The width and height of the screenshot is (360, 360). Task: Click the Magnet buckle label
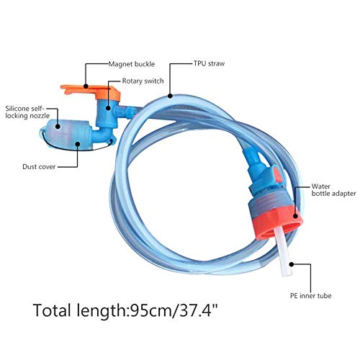pyautogui.click(x=132, y=64)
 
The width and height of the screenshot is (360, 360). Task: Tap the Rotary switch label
pyautogui.click(x=143, y=81)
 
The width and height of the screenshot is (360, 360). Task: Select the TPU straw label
pyautogui.click(x=209, y=63)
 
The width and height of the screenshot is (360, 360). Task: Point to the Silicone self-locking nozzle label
pyautogui.click(x=27, y=112)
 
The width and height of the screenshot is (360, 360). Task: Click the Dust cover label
pyautogui.click(x=39, y=166)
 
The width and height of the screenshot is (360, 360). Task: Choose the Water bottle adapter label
pyautogui.click(x=333, y=190)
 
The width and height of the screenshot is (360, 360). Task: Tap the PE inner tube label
pyautogui.click(x=310, y=296)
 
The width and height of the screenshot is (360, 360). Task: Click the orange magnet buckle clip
pyautogui.click(x=91, y=92)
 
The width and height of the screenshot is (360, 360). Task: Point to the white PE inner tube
pyautogui.click(x=283, y=251)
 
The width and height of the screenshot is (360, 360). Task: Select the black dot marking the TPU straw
pyautogui.click(x=170, y=96)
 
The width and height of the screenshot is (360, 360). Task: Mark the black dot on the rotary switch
pyautogui.click(x=108, y=108)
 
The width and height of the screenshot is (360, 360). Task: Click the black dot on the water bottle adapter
pyautogui.click(x=295, y=216)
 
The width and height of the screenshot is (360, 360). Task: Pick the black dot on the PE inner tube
pyautogui.click(x=292, y=264)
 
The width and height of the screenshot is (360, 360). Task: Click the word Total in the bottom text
pyautogui.click(x=52, y=310)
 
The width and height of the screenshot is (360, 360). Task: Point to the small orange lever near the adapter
pyautogui.click(x=278, y=175)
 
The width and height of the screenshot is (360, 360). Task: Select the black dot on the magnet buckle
pyautogui.click(x=86, y=86)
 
